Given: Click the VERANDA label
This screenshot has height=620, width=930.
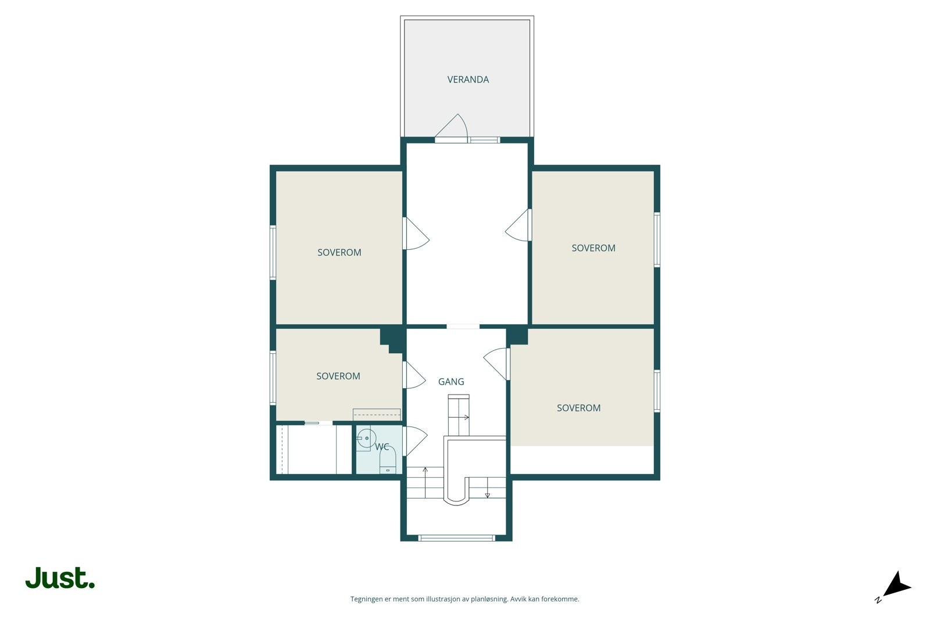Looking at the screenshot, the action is click(x=468, y=79).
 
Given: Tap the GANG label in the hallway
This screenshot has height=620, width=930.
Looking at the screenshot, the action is click(x=451, y=381).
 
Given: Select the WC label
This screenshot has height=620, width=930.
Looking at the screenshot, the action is click(x=382, y=447).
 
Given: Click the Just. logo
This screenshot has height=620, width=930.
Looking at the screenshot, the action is click(x=60, y=578).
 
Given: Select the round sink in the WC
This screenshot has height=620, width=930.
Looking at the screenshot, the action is click(x=366, y=438).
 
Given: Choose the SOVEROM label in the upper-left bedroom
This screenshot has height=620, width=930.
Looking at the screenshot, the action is click(x=339, y=252).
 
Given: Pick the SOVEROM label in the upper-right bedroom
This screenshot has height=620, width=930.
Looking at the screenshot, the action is click(x=593, y=248).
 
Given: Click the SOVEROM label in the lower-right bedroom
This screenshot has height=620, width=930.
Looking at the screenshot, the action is click(x=578, y=408).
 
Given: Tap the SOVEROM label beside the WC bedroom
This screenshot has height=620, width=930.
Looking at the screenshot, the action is click(x=338, y=376).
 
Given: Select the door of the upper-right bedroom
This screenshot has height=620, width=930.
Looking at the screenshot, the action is click(x=517, y=225).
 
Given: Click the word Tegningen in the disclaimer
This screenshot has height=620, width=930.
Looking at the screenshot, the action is click(x=367, y=599).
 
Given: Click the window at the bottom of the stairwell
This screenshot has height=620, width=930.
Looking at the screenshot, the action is click(x=457, y=538).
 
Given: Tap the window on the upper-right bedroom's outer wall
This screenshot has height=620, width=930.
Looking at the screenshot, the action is click(x=657, y=239).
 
